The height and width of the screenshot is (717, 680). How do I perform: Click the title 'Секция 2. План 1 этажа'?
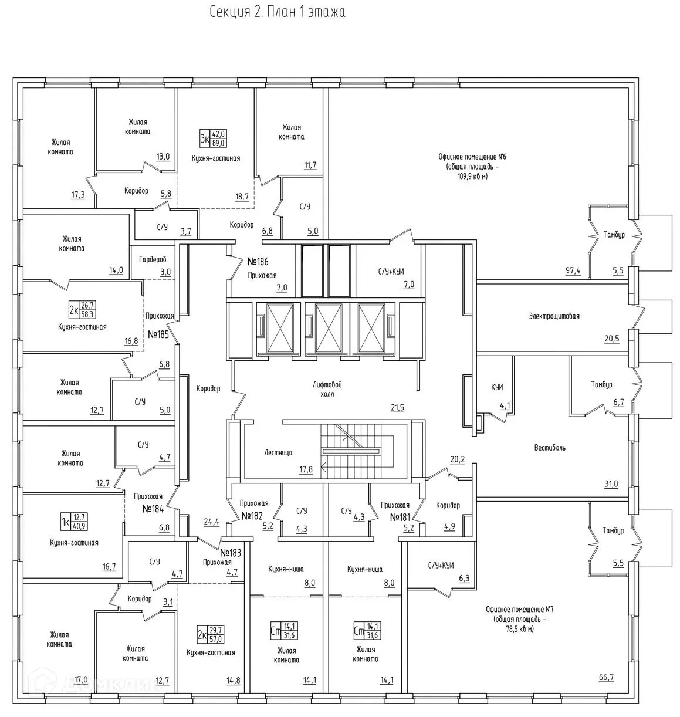pyautogui.click(x=278, y=12)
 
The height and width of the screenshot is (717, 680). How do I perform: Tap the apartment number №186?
pyautogui.click(x=258, y=262)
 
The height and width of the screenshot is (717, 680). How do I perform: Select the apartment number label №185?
pyautogui.click(x=158, y=334)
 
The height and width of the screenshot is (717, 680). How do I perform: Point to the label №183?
pyautogui.click(x=230, y=553)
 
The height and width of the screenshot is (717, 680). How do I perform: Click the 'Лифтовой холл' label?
pyautogui.click(x=327, y=389)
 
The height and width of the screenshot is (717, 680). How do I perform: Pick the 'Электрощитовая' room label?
pyautogui.click(x=554, y=316)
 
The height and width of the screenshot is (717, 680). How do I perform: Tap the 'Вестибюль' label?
pyautogui.click(x=550, y=448)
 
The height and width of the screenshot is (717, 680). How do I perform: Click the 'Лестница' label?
pyautogui.click(x=278, y=452)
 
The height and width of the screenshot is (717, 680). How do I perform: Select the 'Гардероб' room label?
pyautogui.click(x=153, y=259)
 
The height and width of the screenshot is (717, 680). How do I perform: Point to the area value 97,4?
pyautogui.click(x=573, y=270)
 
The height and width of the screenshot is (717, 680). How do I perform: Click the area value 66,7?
pyautogui.click(x=606, y=677)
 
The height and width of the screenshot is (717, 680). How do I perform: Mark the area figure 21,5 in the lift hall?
pyautogui.click(x=397, y=408)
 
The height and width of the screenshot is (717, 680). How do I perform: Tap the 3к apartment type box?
pyautogui.click(x=213, y=138)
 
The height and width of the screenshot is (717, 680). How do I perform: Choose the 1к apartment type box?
pyautogui.click(x=74, y=522)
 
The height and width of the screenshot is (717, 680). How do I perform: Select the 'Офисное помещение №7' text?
pyautogui.click(x=520, y=609)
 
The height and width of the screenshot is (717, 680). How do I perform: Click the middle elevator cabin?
pyautogui.click(x=329, y=328)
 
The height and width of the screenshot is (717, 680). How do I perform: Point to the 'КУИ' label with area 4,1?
pyautogui.click(x=497, y=387)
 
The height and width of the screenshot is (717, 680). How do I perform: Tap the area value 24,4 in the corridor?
pyautogui.click(x=212, y=522)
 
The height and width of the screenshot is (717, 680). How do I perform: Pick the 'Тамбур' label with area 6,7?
pyautogui.click(x=601, y=384)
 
